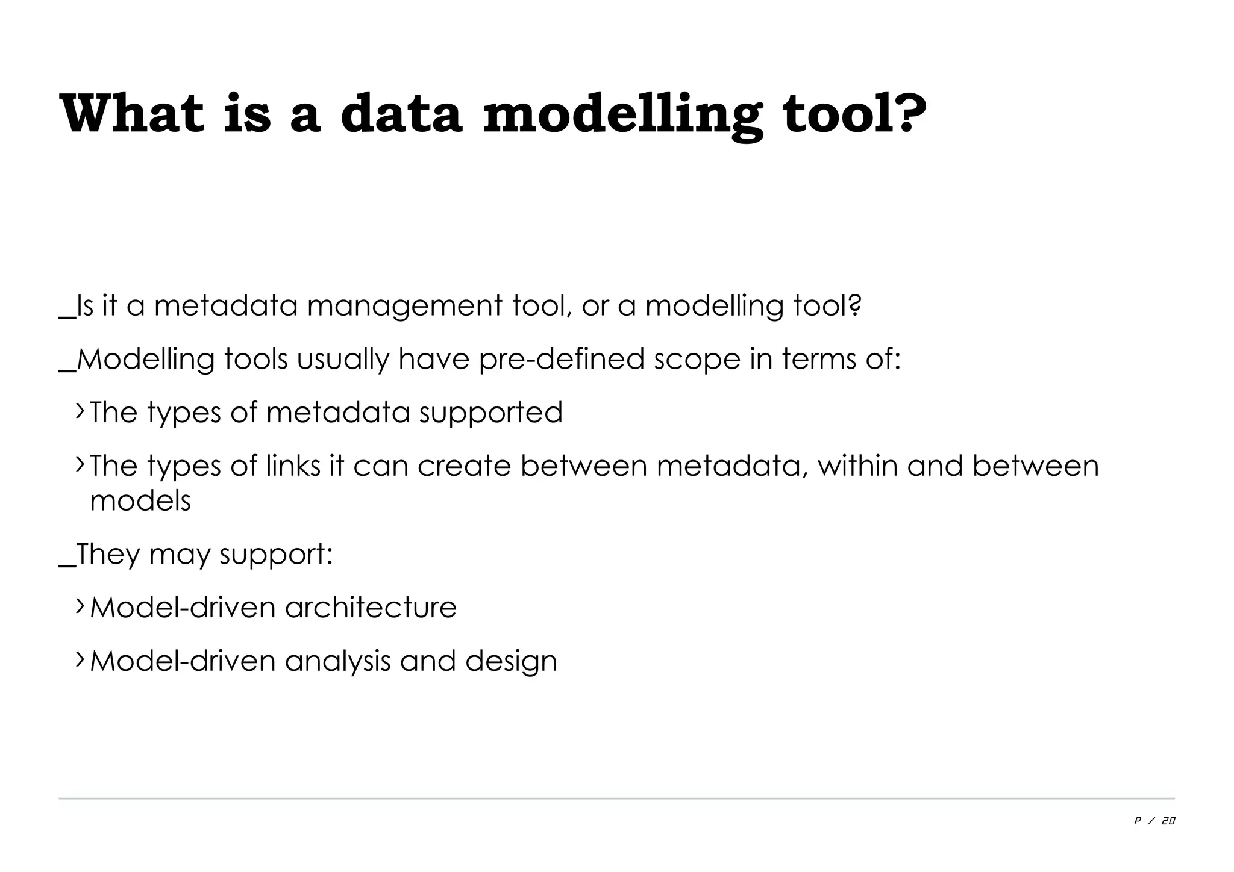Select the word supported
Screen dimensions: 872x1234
490,413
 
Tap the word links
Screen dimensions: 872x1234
293,466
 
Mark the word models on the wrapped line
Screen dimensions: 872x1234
140,500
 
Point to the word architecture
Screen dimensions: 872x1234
371,607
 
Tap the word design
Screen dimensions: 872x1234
511,661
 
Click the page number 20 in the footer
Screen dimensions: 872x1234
1168,821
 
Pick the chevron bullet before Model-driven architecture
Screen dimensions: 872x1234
80,606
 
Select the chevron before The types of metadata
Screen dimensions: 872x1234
80,412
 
